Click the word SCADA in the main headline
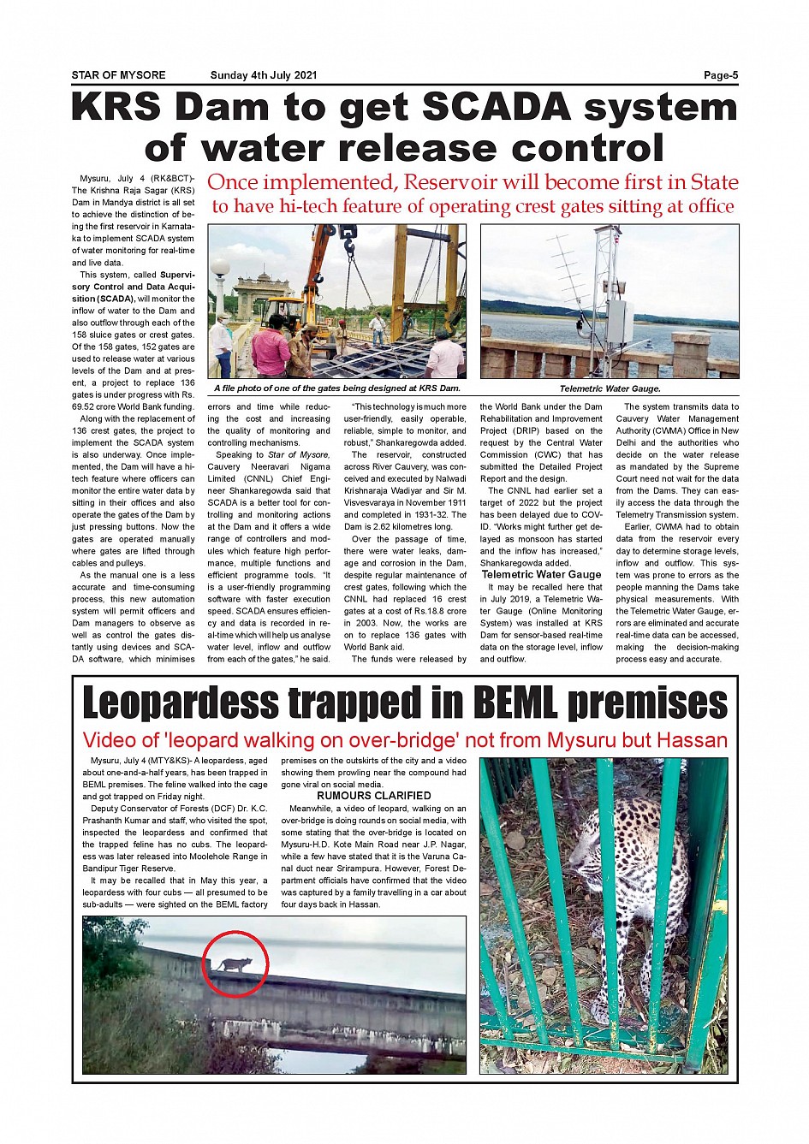pyautogui.click(x=497, y=109)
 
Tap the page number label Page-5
pyautogui.click(x=720, y=75)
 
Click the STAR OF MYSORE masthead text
pyautogui.click(x=118, y=75)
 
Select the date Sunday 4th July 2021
pyautogui.click(x=264, y=75)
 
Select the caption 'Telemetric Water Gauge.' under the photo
pyautogui.click(x=610, y=388)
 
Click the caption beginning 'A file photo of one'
pyautogui.click(x=336, y=388)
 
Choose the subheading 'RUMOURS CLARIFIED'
pyautogui.click(x=373, y=796)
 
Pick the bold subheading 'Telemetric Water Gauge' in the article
pyautogui.click(x=541, y=575)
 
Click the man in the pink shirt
pyautogui.click(x=271, y=344)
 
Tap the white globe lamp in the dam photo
pyautogui.click(x=220, y=270)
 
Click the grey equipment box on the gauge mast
pyautogui.click(x=620, y=321)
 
